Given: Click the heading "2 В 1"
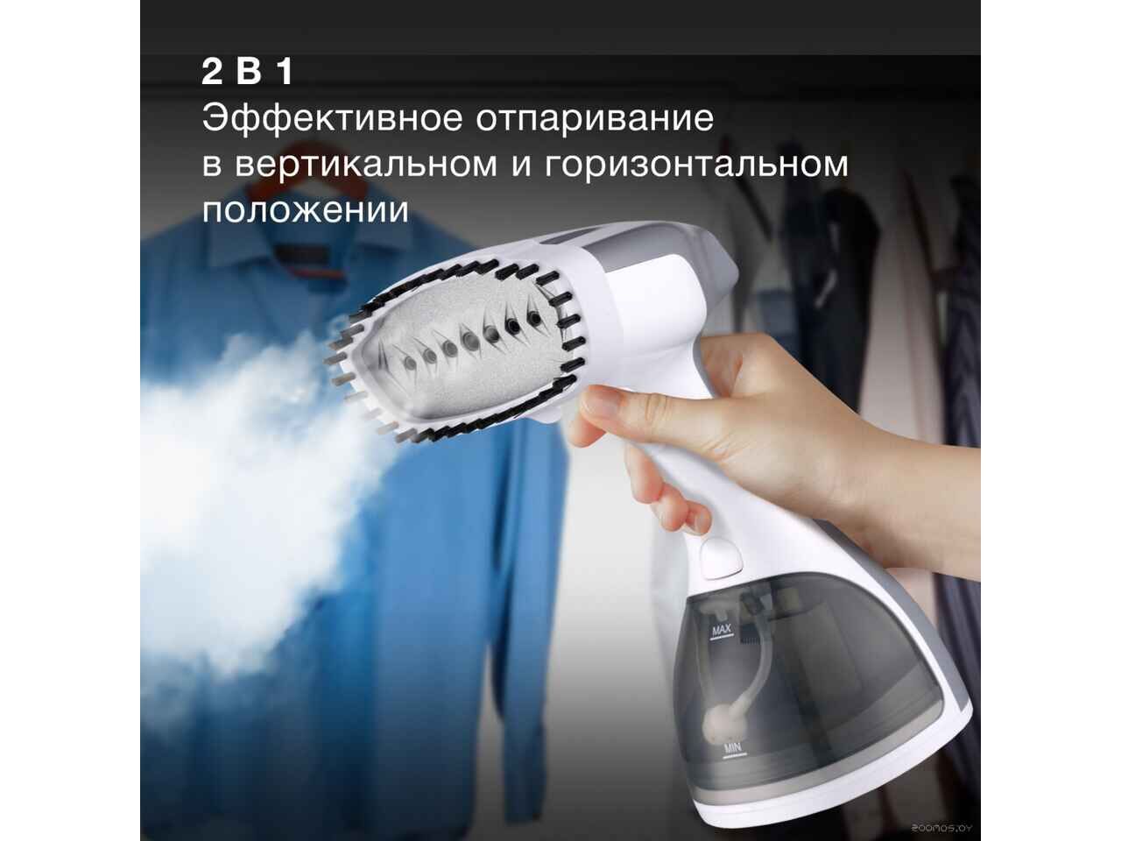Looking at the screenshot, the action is (248, 73).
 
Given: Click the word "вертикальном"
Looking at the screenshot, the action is (366, 165).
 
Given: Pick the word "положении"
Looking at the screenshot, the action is (306, 208).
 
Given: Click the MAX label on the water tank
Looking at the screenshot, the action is (722, 632).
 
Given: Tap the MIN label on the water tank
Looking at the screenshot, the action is (732, 749).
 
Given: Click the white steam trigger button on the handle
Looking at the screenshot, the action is (721, 558).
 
